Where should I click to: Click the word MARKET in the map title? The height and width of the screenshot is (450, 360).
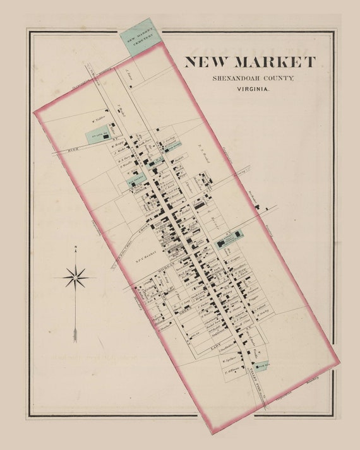tap(274, 62)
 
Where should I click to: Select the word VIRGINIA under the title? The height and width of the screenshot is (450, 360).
tap(252, 90)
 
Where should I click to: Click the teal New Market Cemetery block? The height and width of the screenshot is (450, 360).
tap(140, 38)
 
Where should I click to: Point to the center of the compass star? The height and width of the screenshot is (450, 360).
tap(75, 277)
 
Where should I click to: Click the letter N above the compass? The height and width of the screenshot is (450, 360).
tap(75, 247)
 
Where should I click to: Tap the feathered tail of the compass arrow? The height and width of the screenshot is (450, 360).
tap(75, 333)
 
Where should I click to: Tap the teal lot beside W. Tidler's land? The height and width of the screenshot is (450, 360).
tap(98, 134)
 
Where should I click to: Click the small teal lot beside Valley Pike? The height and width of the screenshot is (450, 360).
tap(261, 365)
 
